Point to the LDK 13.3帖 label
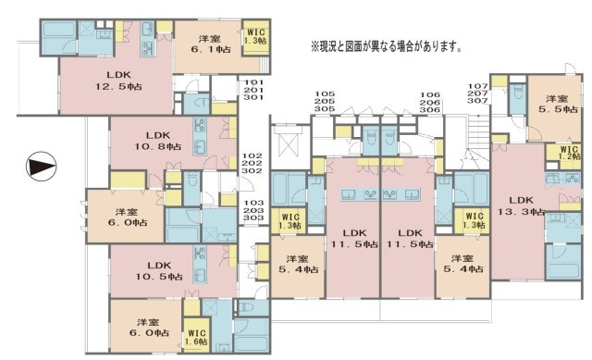click(x=521, y=205)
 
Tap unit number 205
click(x=324, y=101)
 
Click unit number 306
click(x=427, y=108)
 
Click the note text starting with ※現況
click(x=386, y=45)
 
